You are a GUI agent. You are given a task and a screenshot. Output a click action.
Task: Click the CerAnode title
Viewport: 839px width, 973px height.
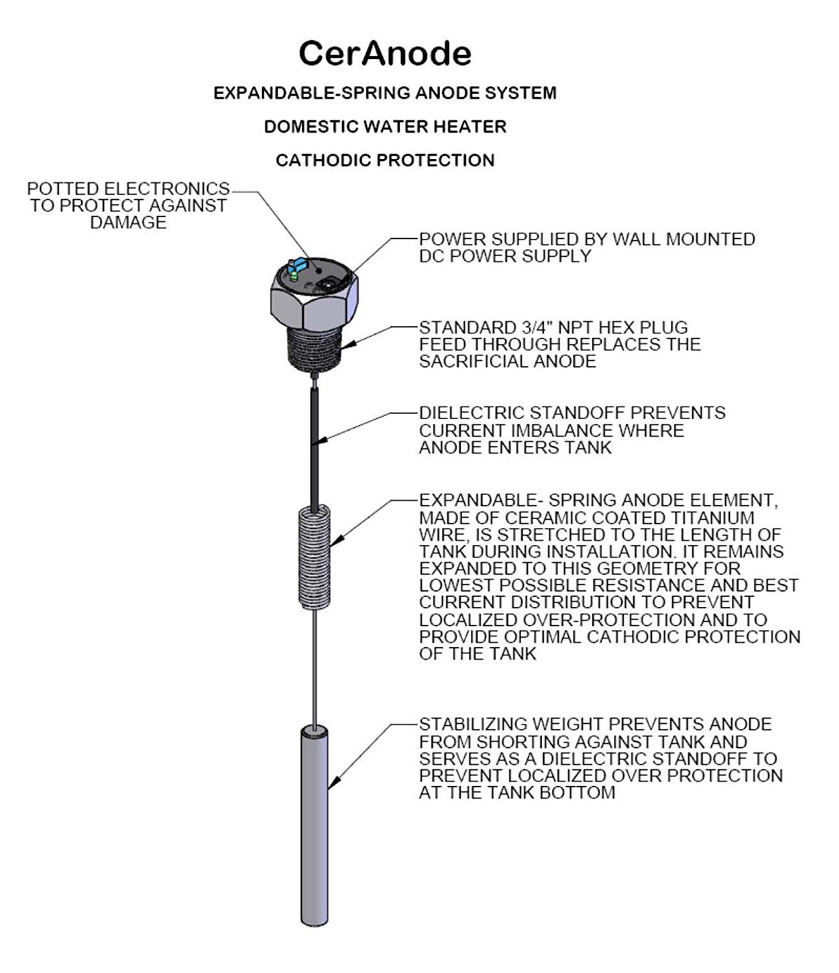tap(385, 53)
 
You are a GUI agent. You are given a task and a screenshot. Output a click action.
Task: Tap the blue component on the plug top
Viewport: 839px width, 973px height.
tap(300, 265)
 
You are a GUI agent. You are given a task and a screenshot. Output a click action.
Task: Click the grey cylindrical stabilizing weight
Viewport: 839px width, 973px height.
tap(315, 824)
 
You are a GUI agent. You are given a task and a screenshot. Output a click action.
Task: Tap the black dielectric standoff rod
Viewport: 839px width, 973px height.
tap(315, 448)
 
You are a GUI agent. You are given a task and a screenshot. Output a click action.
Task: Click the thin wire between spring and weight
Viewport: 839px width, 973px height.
tap(315, 668)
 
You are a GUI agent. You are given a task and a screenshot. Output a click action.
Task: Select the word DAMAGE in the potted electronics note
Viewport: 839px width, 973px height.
tap(128, 222)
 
